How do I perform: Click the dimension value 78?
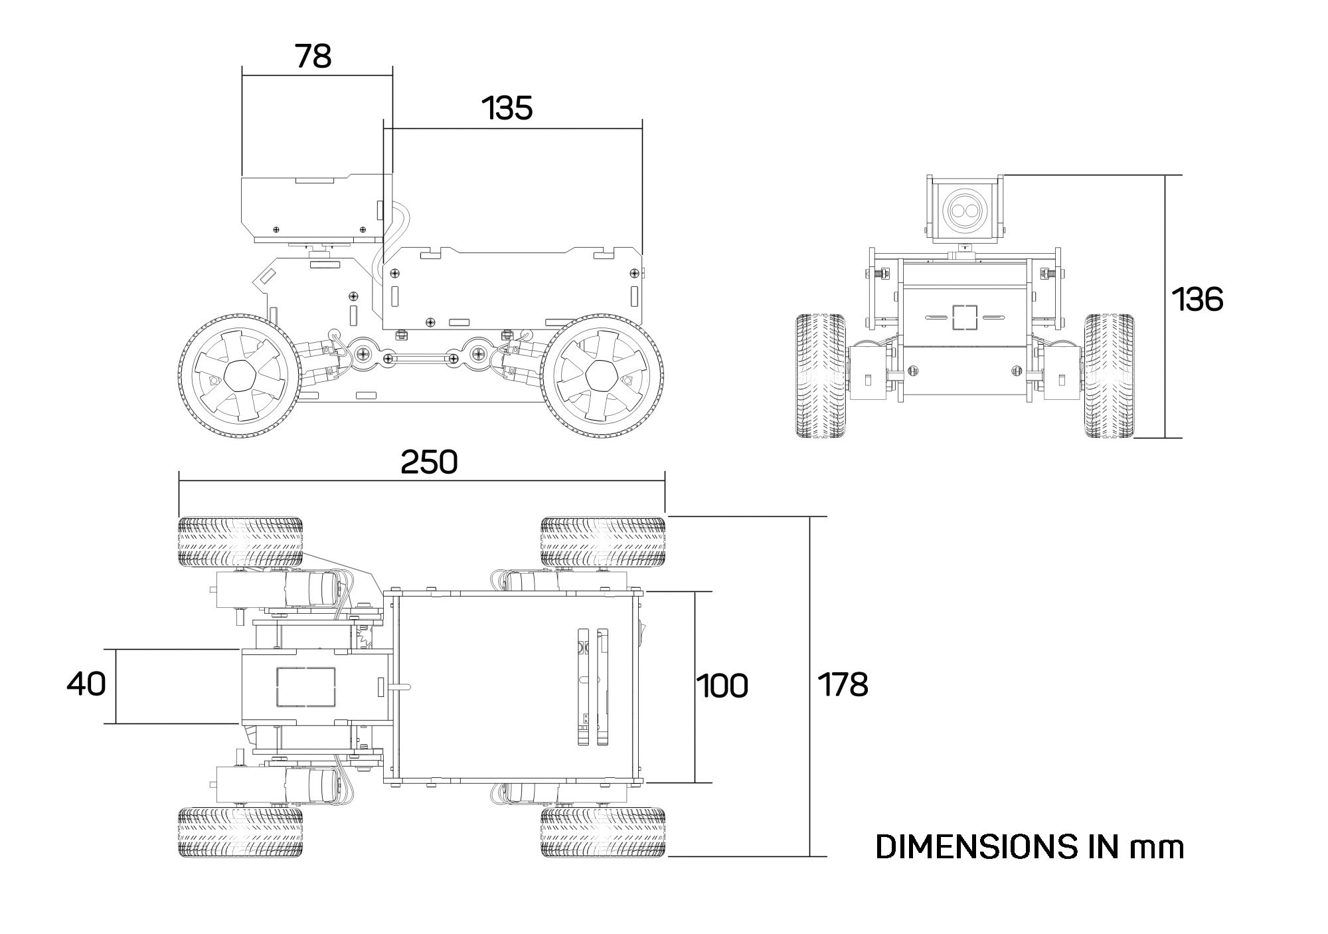point(313,56)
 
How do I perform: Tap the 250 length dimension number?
point(429,462)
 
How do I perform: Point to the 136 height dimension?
point(1197,300)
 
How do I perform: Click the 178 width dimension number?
point(842,685)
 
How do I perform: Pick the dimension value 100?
point(722,686)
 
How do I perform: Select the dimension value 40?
point(86,684)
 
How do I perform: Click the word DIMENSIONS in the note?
point(977,846)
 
